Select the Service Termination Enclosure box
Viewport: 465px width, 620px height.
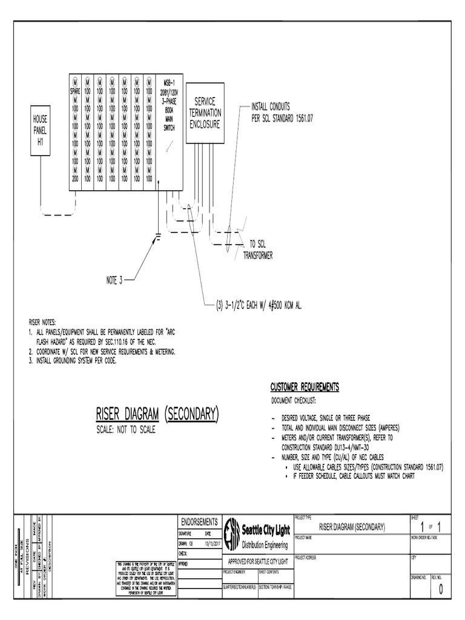205,113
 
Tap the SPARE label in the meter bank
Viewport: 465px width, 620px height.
75,91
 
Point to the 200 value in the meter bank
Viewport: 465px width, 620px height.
75,179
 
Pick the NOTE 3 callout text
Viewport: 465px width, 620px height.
114,280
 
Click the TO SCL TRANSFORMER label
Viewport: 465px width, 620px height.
261,249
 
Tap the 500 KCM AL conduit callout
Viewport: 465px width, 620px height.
259,306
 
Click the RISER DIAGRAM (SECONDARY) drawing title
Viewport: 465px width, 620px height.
157,415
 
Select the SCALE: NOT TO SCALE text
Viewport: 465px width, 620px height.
126,430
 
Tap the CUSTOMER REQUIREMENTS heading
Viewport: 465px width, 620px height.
304,387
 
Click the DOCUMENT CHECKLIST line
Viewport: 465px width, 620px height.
298,401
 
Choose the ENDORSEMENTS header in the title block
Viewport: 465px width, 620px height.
199,522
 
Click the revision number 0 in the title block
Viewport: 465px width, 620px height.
441,592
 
